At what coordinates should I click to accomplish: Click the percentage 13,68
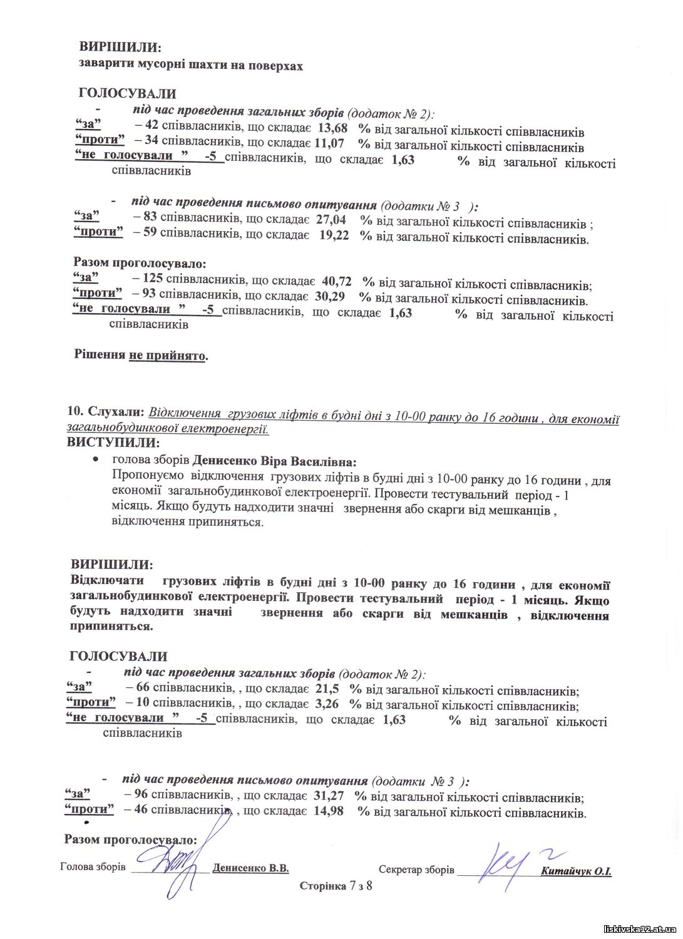333,128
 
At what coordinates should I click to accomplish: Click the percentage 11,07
332,145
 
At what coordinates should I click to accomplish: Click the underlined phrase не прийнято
167,356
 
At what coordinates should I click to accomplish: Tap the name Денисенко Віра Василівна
274,461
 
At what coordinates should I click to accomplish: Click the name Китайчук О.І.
576,871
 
